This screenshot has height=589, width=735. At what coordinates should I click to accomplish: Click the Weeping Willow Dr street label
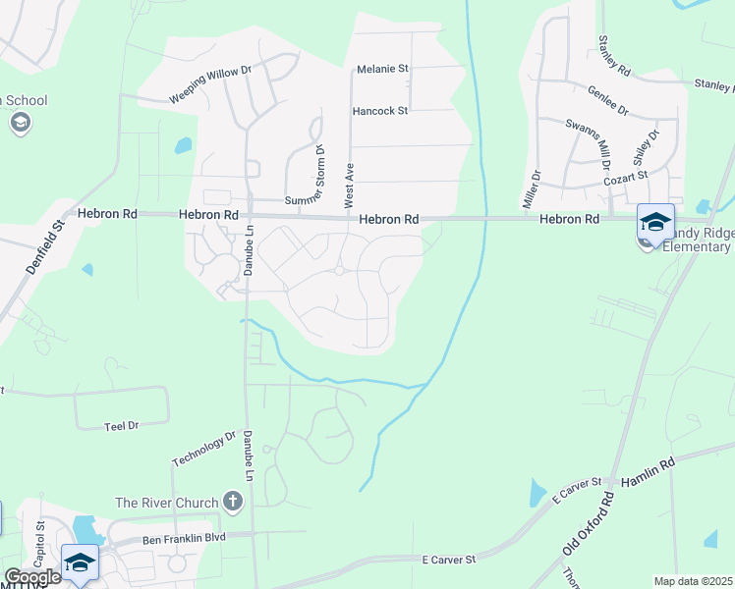click(x=210, y=83)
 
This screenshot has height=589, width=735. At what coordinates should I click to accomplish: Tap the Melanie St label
click(x=381, y=70)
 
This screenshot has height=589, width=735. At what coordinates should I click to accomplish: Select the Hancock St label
click(x=379, y=112)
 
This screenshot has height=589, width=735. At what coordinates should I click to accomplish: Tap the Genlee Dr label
click(x=607, y=102)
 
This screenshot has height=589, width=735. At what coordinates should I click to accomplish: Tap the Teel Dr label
click(x=122, y=426)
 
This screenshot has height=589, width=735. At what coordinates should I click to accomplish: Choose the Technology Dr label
click(x=204, y=449)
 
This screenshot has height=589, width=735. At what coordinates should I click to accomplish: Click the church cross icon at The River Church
click(x=233, y=503)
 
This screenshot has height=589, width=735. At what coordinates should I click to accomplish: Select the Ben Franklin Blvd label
click(x=185, y=538)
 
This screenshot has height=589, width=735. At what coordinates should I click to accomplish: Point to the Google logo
click(x=31, y=578)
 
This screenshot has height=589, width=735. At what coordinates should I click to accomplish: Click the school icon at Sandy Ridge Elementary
click(x=655, y=221)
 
